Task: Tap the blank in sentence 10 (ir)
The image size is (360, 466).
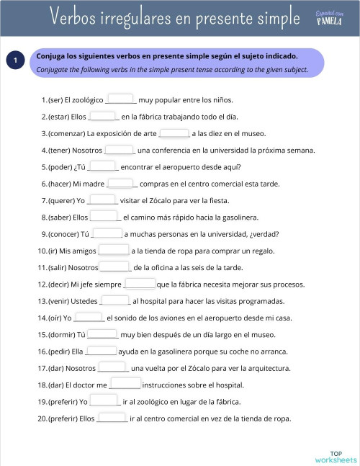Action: tap(113, 250)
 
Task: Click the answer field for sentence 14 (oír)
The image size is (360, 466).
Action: tap(89, 317)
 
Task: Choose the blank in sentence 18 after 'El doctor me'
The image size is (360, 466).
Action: tap(125, 384)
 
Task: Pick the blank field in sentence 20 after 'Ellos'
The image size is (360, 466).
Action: tap(112, 418)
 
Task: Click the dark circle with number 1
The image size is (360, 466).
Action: tap(15, 62)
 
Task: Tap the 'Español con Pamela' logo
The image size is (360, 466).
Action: tap(328, 17)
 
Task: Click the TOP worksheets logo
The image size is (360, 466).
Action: tap(335, 456)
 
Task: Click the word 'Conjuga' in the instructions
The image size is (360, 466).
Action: tap(52, 55)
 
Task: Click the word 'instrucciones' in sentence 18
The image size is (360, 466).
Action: tap(167, 385)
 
